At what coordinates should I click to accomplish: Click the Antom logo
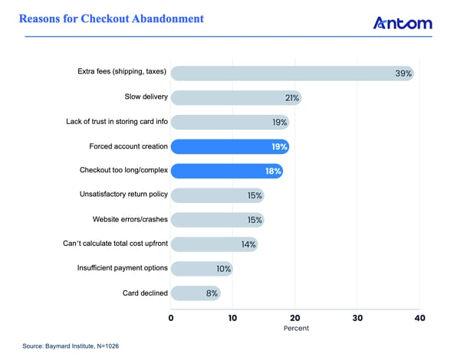pos(402,24)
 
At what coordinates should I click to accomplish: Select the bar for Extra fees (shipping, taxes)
pos(291,74)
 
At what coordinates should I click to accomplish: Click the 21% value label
pos(291,98)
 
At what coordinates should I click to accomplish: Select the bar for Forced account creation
pos(229,146)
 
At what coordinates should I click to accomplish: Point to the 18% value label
pos(274,171)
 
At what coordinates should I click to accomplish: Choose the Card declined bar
pos(195,293)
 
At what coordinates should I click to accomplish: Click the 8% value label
pos(211,293)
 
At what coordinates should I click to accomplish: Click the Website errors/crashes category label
pos(127,220)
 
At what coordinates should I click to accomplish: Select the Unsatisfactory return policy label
pos(113,195)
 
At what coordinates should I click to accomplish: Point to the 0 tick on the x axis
pos(171,316)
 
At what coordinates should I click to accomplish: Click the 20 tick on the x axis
pos(295,316)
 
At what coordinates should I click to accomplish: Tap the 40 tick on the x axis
pos(419,316)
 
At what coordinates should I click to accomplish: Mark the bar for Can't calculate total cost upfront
pos(214,244)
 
